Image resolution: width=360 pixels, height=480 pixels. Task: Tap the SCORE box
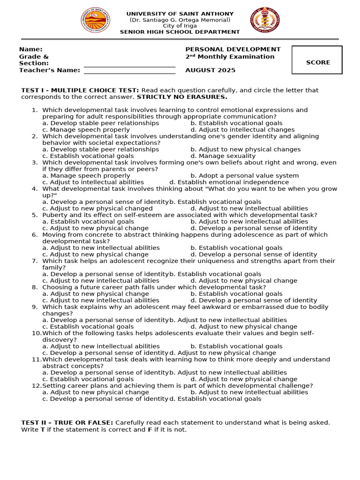click(x=317, y=60)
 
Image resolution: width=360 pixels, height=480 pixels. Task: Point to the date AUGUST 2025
click(x=210, y=70)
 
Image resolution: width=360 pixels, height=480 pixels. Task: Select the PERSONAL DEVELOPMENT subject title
click(x=233, y=49)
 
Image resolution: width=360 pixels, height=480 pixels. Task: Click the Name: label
click(x=30, y=49)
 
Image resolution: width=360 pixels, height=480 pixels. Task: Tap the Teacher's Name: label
click(x=50, y=70)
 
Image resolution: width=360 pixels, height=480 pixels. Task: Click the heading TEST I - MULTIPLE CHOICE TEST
click(x=80, y=90)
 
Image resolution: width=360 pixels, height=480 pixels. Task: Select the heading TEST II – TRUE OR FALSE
click(x=67, y=422)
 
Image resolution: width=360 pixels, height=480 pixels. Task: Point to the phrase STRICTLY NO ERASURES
click(x=182, y=97)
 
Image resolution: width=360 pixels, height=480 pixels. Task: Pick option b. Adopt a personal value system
click(x=245, y=175)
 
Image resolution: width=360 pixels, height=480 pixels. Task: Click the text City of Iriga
click(x=180, y=26)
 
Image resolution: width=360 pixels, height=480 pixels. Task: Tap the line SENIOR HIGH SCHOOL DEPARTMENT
click(x=180, y=32)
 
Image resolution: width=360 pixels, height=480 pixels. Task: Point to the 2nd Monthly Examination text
click(x=230, y=57)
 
